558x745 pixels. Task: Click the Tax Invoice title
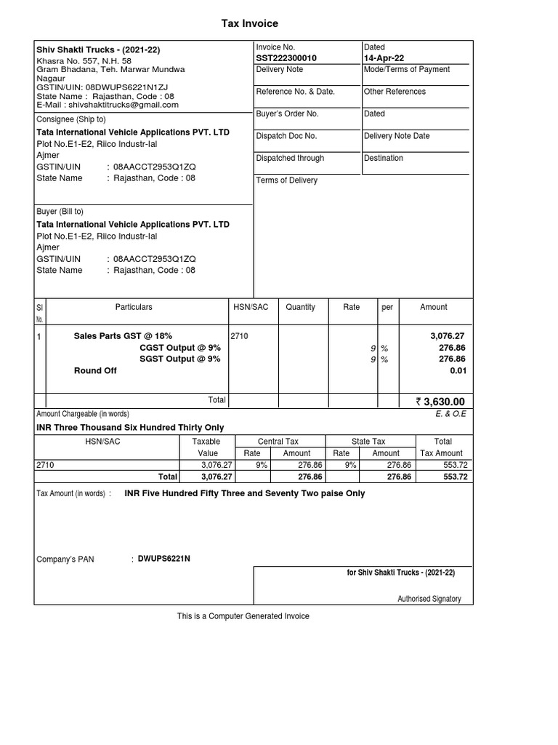point(250,24)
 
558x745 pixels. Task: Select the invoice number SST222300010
point(286,58)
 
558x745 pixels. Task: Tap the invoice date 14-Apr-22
point(385,58)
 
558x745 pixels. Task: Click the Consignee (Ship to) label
point(71,119)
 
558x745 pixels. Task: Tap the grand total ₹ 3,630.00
point(440,401)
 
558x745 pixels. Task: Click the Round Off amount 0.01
point(458,370)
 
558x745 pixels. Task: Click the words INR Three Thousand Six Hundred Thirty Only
point(130,428)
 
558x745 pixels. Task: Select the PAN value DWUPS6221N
point(164,559)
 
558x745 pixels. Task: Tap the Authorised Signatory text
point(429,599)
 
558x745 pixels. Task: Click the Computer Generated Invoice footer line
point(243,616)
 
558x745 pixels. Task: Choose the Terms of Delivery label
point(286,180)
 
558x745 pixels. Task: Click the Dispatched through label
point(290,158)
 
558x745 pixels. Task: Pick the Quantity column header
point(300,307)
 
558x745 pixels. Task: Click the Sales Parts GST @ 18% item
point(123,336)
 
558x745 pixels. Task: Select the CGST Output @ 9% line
point(179,348)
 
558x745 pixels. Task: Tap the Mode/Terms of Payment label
point(406,70)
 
